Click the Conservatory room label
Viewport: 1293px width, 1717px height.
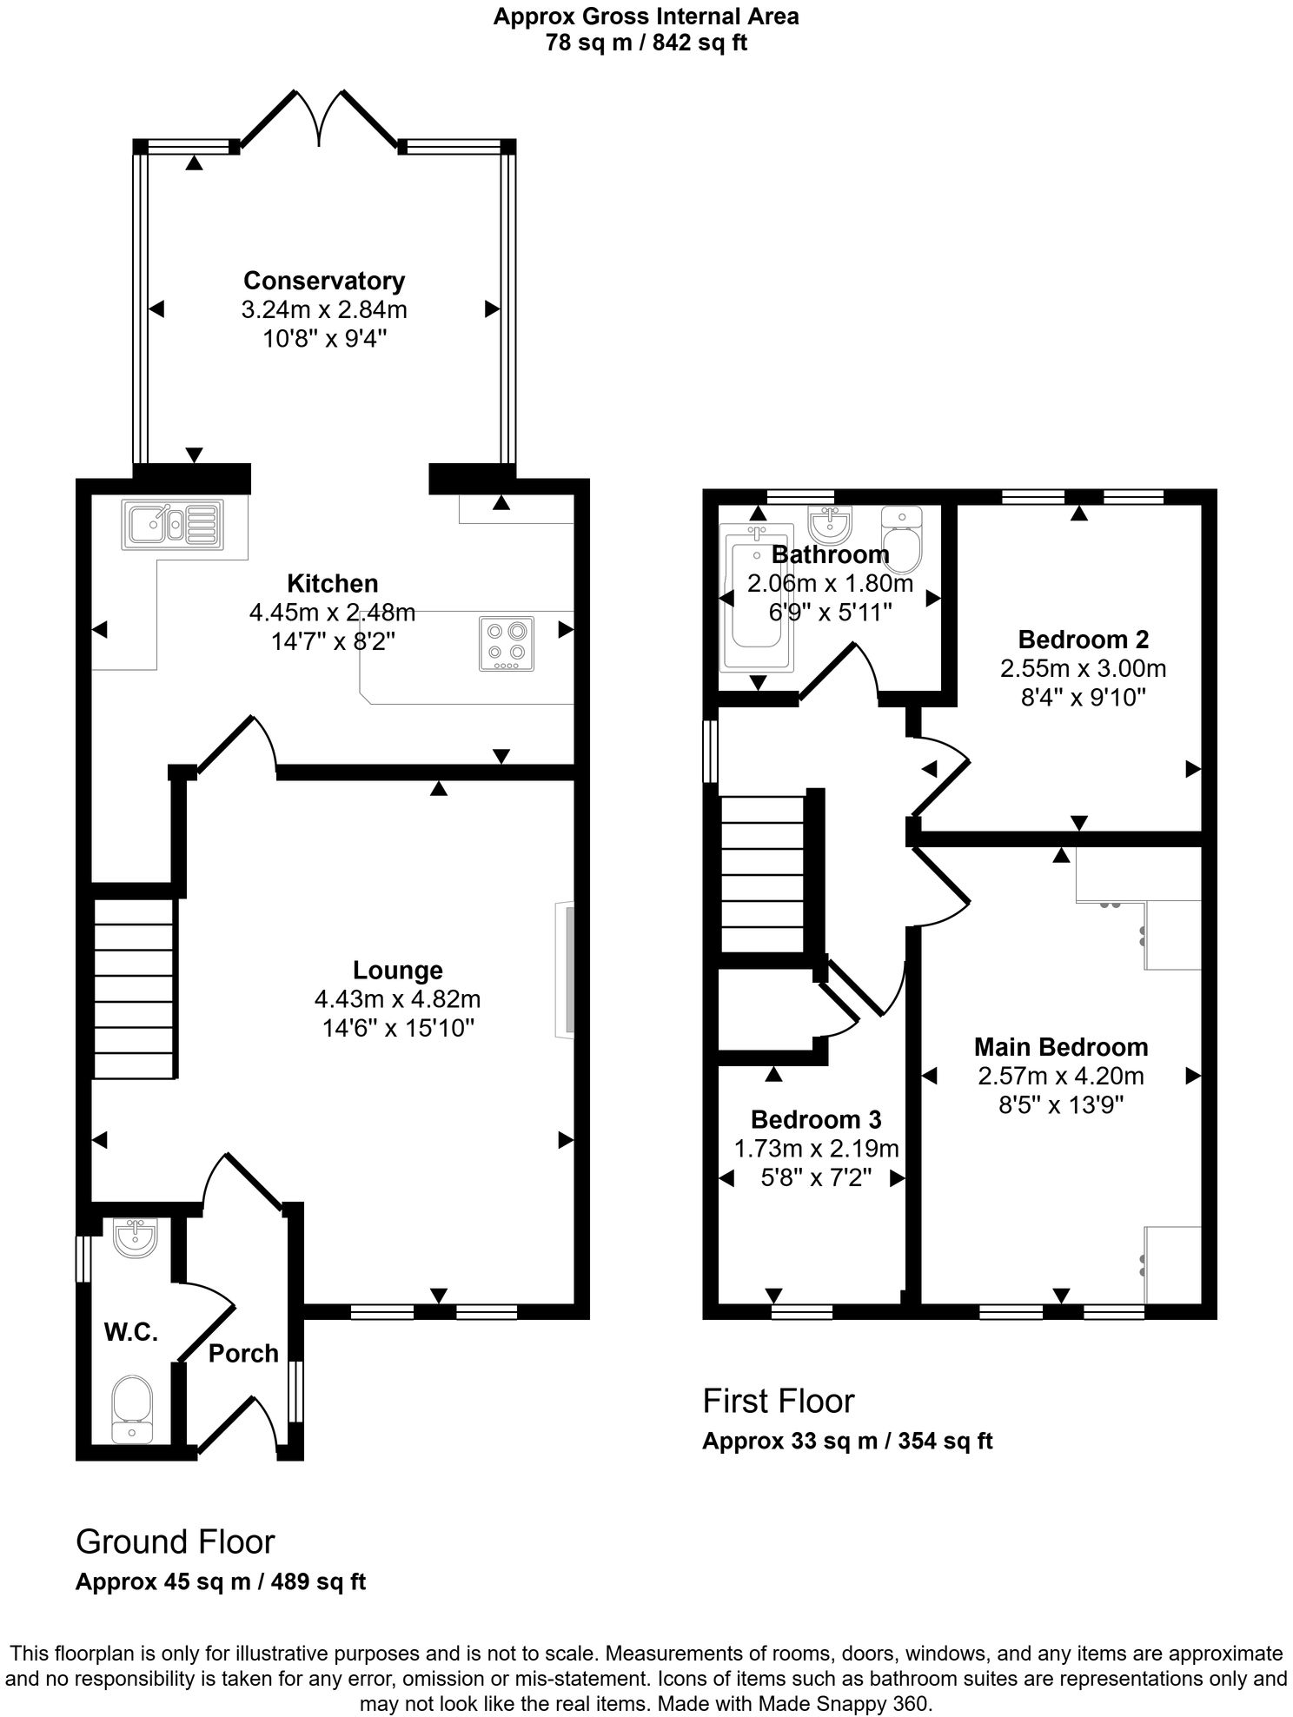(x=323, y=281)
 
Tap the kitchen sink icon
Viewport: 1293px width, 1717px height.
(x=173, y=524)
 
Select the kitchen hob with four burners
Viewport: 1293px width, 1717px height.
(x=506, y=643)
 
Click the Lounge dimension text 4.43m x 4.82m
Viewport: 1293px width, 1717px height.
(x=397, y=999)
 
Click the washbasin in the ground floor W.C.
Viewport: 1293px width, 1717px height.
(x=135, y=1237)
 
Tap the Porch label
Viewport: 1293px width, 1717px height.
(x=243, y=1353)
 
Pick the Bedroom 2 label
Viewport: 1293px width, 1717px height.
(x=1083, y=640)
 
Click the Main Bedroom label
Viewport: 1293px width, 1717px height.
(x=1060, y=1047)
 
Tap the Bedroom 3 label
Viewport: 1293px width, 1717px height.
(x=816, y=1119)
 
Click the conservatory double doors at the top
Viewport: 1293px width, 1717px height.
(x=320, y=117)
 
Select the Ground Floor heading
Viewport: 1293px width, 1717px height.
(x=175, y=1541)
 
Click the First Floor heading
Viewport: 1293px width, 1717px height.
(x=778, y=1401)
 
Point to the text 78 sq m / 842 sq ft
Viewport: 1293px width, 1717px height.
(x=646, y=42)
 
